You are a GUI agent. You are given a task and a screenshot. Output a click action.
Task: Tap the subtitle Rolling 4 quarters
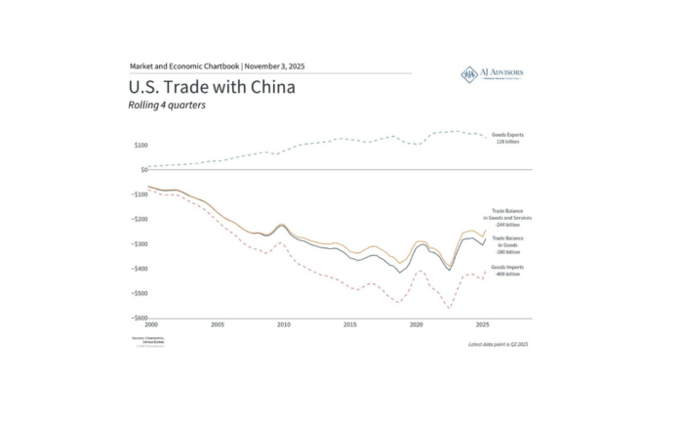(167, 106)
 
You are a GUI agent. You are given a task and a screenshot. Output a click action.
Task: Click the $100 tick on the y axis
(141, 145)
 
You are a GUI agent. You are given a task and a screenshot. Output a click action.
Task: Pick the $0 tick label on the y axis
(143, 170)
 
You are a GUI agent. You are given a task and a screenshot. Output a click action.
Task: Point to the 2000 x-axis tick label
(150, 324)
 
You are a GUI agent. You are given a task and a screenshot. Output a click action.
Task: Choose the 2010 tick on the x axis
(283, 324)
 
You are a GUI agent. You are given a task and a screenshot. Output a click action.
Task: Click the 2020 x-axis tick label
(416, 324)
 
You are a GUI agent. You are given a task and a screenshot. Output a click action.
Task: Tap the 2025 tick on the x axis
(482, 324)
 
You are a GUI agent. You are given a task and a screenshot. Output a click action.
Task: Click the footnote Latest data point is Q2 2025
(498, 344)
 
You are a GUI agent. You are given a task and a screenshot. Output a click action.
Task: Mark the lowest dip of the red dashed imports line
(450, 308)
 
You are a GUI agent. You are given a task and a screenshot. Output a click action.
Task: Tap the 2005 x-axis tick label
(217, 324)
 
